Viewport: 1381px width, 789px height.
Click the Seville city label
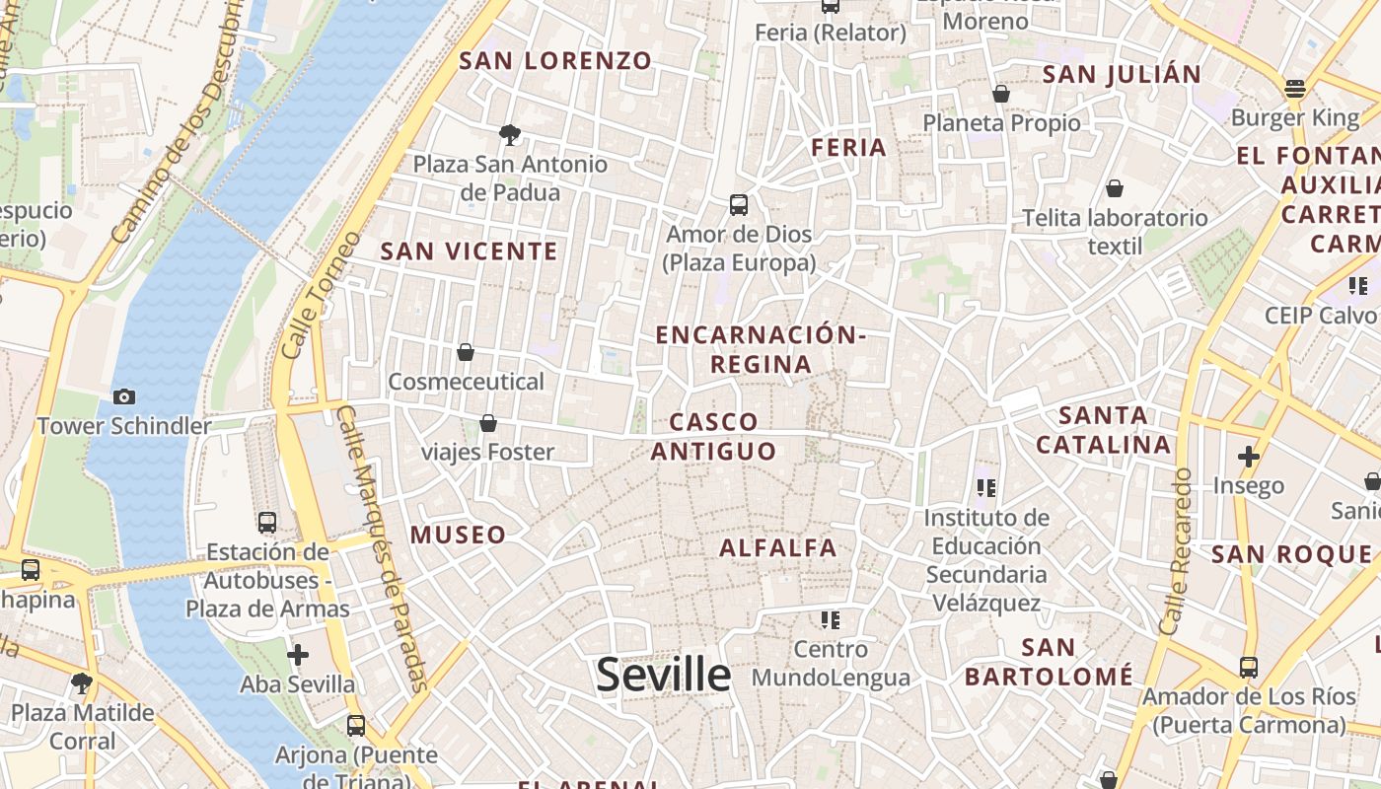(663, 675)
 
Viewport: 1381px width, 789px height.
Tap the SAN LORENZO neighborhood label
(556, 61)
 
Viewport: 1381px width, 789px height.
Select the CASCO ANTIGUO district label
(713, 437)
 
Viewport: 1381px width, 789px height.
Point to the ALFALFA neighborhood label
(778, 548)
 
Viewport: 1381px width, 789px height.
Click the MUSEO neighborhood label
(458, 536)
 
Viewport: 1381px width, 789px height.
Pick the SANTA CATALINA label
(1103, 430)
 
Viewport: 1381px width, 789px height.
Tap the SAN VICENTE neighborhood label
(470, 251)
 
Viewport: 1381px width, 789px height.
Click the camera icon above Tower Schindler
(124, 396)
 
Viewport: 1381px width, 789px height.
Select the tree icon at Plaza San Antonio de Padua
(510, 135)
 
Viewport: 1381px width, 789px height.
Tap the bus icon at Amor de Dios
(739, 205)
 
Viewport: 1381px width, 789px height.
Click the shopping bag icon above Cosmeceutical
(466, 352)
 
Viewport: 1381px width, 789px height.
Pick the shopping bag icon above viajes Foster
(487, 423)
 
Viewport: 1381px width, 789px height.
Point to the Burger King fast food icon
(1295, 89)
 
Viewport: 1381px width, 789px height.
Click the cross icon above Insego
(1249, 456)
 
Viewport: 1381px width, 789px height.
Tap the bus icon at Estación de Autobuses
(267, 523)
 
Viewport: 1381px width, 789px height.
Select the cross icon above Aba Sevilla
(298, 654)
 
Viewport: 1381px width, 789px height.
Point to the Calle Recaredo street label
(1177, 551)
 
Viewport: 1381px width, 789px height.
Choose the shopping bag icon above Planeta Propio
(1001, 94)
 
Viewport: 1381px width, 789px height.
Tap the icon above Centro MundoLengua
(831, 619)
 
